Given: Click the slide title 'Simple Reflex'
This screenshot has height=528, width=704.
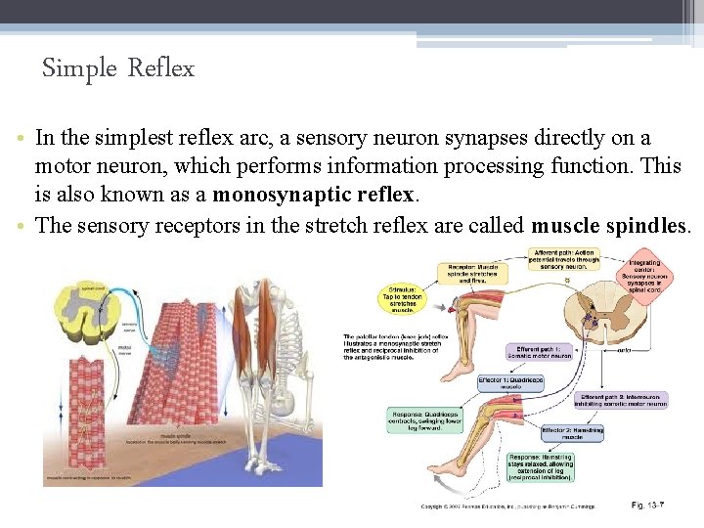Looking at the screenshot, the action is (x=118, y=68).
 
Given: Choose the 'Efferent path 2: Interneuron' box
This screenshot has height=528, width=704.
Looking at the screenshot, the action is (x=618, y=399).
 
